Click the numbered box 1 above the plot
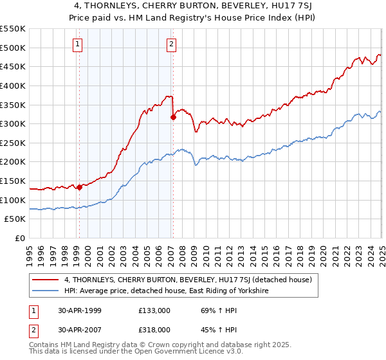pos(77,44)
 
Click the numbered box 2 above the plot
pos(172,44)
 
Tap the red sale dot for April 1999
pos(79,188)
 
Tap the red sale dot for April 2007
pos(173,117)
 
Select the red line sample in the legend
pos(46,280)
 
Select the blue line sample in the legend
pos(46,291)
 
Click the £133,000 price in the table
pos(155,310)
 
